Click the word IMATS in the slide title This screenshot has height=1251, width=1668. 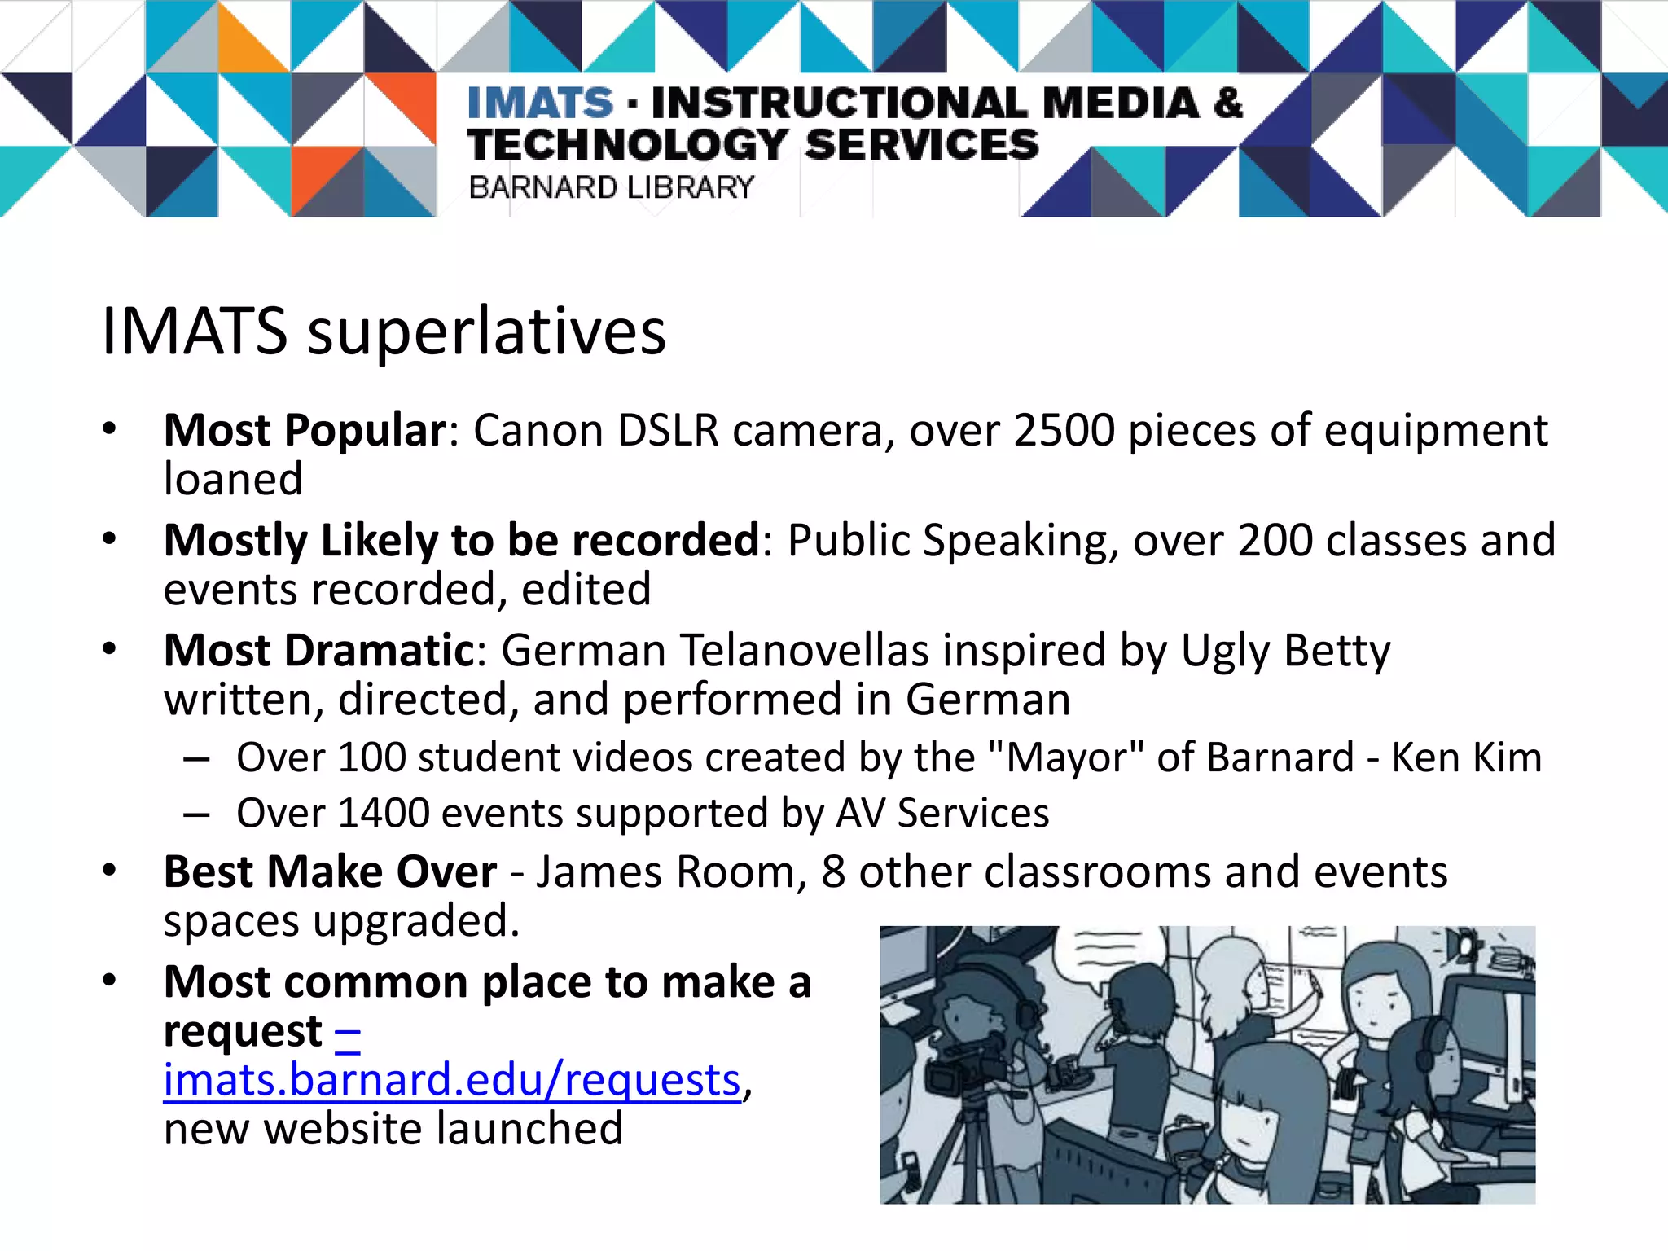[x=194, y=332]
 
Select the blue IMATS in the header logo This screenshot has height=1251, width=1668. [x=540, y=103]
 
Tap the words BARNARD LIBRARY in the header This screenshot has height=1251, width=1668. [x=611, y=187]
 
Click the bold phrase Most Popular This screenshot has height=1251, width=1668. [x=305, y=430]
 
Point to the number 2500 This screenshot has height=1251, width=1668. [x=1064, y=430]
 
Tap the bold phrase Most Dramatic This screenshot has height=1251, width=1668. [x=319, y=651]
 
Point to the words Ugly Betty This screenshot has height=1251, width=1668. [x=1285, y=651]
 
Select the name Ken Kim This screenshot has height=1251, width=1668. [x=1466, y=757]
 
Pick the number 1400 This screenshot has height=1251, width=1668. [x=383, y=813]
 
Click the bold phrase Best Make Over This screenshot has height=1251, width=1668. [x=330, y=872]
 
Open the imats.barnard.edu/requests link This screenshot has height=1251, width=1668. [x=452, y=1081]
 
